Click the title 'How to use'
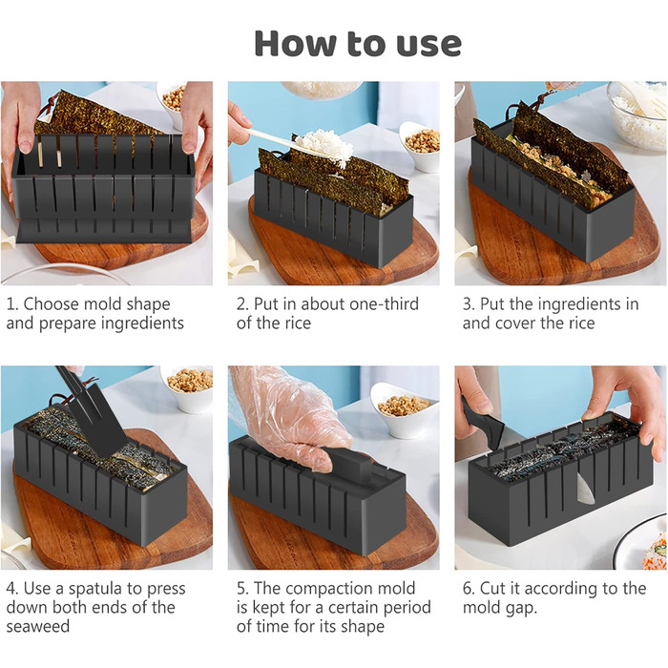pos(358,44)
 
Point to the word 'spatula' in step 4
pos(96,589)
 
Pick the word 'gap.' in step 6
pos(521,609)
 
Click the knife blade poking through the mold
pos(584,488)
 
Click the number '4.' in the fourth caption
pos(11,589)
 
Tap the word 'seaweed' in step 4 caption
pos(38,627)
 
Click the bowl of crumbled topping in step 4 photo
pos(187,387)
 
